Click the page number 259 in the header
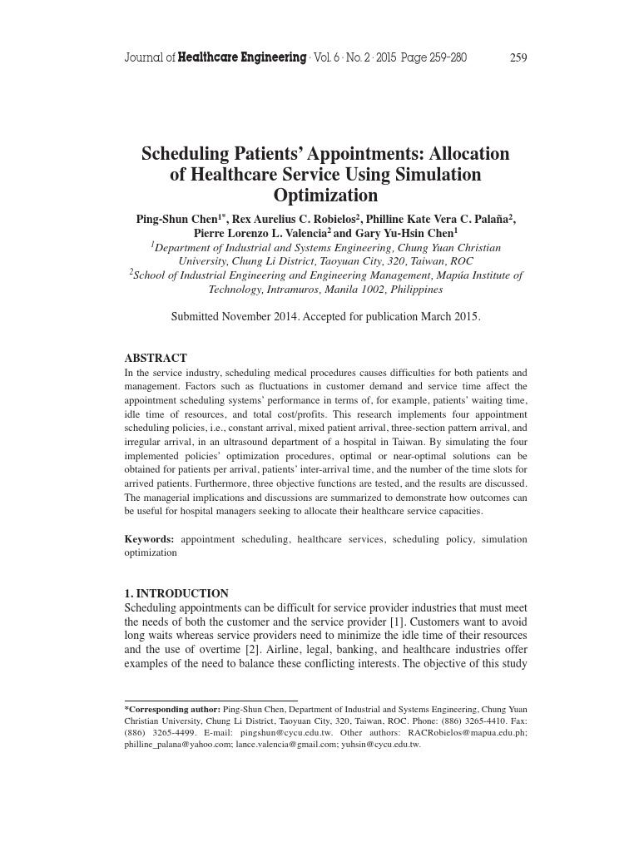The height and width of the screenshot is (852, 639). (518, 58)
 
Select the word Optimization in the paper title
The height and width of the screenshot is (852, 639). (325, 196)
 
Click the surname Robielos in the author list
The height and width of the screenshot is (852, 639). (328, 219)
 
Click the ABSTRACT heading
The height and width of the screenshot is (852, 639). (156, 359)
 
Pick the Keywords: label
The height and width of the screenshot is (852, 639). (150, 540)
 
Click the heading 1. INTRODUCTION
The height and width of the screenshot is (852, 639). (176, 594)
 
